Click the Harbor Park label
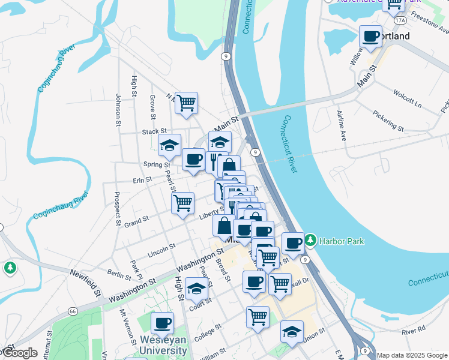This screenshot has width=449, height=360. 342,241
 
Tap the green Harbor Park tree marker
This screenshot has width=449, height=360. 310,241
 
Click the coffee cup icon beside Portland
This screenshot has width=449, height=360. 370,36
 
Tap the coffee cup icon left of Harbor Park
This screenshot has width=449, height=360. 293,243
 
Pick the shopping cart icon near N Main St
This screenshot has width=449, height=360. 187,103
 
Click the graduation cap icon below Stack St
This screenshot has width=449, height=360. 170,145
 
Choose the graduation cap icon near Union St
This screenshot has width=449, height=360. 292,331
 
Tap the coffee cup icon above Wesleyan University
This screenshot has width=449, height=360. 162,323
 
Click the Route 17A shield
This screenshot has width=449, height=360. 400,20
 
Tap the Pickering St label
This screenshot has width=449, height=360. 388,120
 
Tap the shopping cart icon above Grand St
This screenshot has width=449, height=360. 182,203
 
